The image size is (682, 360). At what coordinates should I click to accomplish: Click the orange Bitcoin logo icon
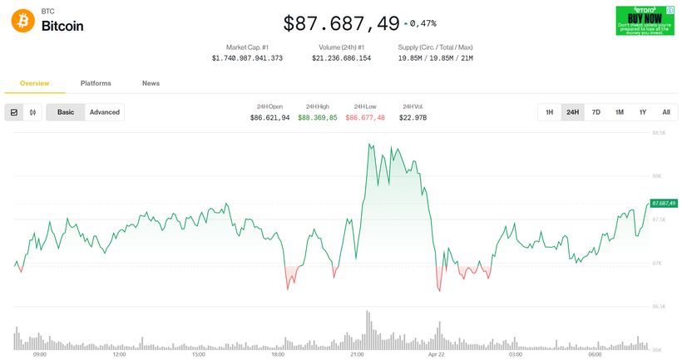coord(23,21)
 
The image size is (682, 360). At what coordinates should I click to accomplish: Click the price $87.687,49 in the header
coord(341,23)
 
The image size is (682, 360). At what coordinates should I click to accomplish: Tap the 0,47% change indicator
coord(421,23)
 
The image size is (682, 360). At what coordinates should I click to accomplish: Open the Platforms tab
coord(96,83)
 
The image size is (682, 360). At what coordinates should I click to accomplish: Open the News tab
coord(151,83)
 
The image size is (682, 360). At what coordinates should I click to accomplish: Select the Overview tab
coord(35,83)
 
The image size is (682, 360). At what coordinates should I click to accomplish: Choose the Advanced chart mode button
coord(105,112)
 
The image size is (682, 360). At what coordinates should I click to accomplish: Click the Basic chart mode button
coord(66,112)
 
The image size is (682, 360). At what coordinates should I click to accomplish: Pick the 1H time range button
coord(550,112)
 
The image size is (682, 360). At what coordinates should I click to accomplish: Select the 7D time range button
coord(596,112)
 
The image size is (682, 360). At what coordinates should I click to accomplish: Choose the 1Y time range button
coord(643,112)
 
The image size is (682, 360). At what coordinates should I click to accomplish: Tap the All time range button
coord(666,112)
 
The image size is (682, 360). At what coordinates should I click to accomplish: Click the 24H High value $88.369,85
coord(318,118)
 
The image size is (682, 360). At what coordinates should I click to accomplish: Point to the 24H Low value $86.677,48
coord(365,118)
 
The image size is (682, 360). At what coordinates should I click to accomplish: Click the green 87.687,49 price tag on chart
coord(664,203)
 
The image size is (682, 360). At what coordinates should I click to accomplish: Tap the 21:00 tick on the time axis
coord(357,354)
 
